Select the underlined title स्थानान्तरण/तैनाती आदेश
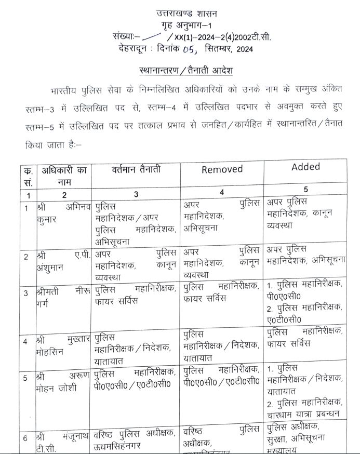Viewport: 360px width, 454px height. click(x=180, y=70)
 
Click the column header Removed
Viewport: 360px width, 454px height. click(x=222, y=169)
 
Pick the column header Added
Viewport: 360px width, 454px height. click(x=305, y=167)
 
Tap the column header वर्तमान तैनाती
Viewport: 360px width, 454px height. click(x=136, y=169)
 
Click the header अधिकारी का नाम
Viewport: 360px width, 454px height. click(x=65, y=176)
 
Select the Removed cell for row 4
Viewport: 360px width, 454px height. click(x=222, y=345)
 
